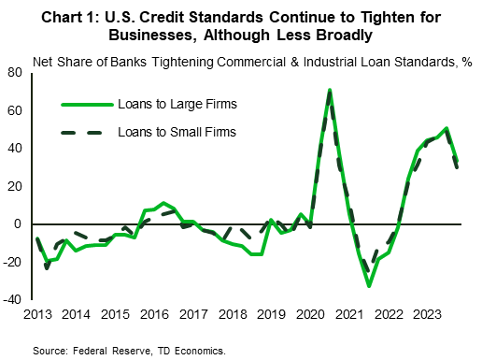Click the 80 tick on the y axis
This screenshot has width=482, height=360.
[x=17, y=72]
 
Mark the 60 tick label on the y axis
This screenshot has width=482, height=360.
[x=17, y=110]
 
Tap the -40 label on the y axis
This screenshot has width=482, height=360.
[x=14, y=300]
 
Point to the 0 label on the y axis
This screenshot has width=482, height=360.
[x=20, y=224]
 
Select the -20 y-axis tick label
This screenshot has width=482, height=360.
[x=14, y=263]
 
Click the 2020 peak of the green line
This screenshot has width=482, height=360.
[x=330, y=91]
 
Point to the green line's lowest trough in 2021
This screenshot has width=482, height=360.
[x=369, y=285]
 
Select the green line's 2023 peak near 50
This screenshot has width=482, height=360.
[x=447, y=128]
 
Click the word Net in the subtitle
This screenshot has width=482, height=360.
[x=44, y=62]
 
